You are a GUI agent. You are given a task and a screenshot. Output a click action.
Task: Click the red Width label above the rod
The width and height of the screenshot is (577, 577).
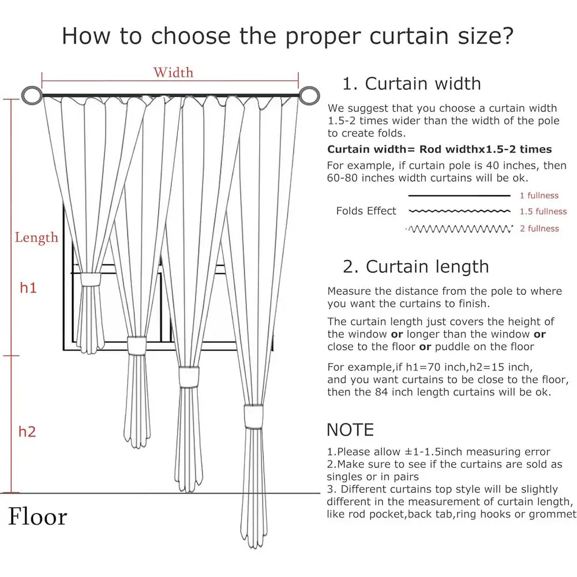173,73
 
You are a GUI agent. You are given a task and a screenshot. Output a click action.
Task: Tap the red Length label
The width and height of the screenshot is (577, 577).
36,238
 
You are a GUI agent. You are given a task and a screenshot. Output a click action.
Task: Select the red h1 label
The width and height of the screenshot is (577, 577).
28,287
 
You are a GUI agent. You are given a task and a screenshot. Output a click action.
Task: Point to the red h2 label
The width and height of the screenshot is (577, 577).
27,431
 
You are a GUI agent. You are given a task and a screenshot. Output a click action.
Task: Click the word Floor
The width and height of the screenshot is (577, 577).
38,516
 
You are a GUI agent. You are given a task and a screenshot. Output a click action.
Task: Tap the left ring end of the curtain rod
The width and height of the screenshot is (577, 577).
31,95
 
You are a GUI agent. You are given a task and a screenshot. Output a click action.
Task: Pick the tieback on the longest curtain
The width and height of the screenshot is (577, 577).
253,415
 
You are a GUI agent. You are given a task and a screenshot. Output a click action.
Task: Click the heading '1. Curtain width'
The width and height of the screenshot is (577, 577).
411,84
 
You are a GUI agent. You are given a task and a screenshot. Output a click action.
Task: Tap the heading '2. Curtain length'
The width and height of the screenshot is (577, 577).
415,267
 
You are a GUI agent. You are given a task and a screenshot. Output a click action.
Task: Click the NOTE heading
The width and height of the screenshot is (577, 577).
350,430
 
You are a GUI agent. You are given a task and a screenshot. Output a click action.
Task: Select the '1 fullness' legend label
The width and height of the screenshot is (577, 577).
539,196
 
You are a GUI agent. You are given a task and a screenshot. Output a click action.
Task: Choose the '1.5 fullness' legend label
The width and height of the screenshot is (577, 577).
543,212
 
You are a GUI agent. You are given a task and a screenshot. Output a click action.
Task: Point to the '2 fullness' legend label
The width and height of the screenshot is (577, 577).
539,228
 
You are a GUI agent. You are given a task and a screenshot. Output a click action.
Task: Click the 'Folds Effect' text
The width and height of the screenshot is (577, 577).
366,211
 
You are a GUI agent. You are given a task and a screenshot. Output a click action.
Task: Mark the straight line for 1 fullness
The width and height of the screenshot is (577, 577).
459,196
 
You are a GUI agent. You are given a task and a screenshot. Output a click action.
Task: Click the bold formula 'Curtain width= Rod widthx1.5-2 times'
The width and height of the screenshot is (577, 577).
439,149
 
